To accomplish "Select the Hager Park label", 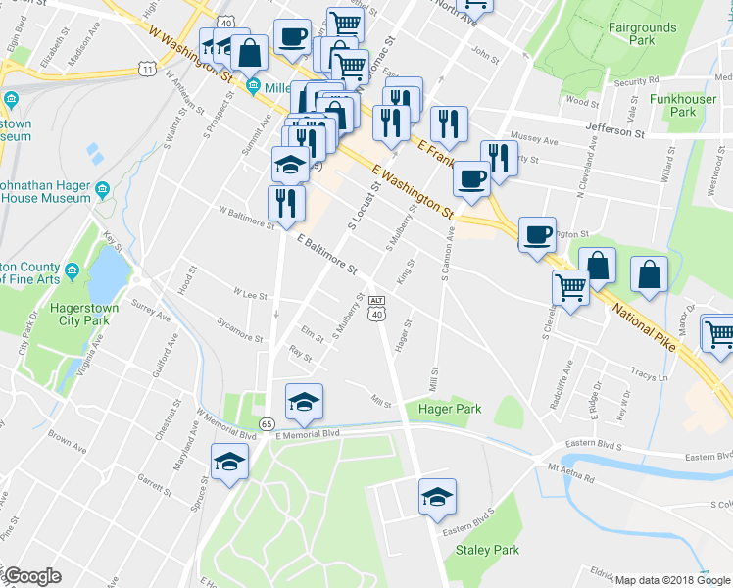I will (450, 408).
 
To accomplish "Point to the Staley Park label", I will (487, 550).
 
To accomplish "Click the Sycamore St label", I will (241, 330).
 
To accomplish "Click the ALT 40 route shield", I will (377, 307).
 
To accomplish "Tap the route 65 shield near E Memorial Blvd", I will (267, 423).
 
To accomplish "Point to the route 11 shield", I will (146, 69).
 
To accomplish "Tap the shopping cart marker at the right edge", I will (718, 332).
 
